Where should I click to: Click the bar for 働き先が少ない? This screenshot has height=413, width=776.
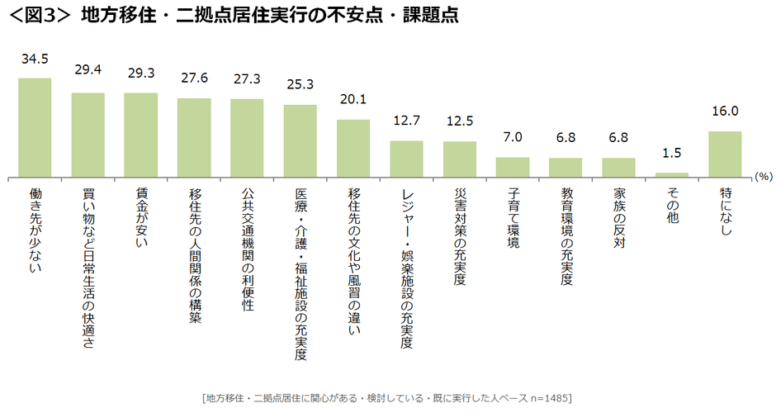[35, 127]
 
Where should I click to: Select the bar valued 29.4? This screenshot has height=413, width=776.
[88, 135]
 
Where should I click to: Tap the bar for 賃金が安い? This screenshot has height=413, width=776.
[140, 135]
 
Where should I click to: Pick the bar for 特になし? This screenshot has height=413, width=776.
[725, 154]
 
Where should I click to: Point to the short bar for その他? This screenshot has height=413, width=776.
[672, 174]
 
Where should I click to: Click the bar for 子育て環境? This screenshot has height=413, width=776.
[513, 167]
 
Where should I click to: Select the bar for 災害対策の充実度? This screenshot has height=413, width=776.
[460, 159]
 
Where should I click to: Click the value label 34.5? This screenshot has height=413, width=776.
[35, 60]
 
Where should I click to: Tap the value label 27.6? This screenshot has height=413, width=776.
[194, 78]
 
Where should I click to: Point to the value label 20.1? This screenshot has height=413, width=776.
[353, 100]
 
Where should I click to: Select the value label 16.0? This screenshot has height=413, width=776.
[725, 111]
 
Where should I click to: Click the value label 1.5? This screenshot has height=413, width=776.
[672, 153]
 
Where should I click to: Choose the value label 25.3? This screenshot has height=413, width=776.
[300, 84]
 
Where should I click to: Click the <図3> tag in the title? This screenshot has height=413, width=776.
[38, 16]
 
